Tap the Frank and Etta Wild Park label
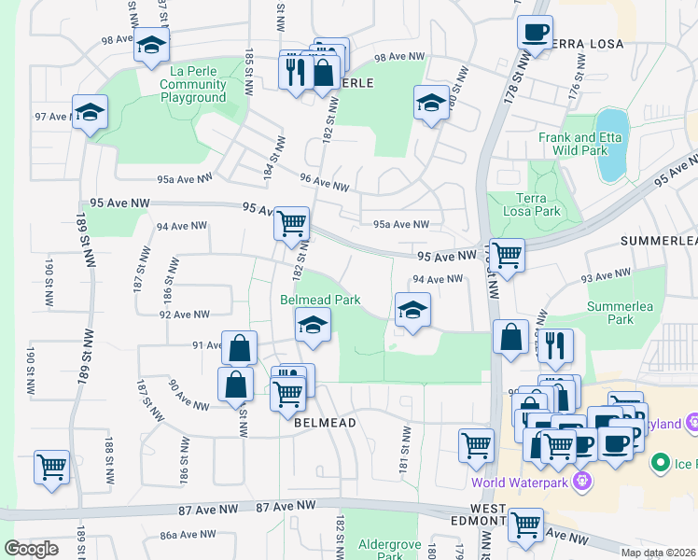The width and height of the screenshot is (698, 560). coord(579,143)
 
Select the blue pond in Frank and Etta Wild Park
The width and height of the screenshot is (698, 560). coord(612,145)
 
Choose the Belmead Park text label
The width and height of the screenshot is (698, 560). coord(320,300)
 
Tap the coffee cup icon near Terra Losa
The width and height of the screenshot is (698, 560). coord(536,34)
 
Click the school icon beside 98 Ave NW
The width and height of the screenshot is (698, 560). coord(150,45)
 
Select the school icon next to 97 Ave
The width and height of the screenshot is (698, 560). coord(90,113)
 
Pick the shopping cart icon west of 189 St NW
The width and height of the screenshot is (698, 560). coord(51,466)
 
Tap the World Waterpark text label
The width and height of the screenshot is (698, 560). coord(522,483)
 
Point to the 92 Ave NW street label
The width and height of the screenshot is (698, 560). coord(183,315)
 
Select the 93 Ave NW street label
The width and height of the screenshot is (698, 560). coord(606,275)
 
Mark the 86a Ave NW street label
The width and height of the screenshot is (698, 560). coord(188,535)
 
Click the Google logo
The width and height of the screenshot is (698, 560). coord(31,549)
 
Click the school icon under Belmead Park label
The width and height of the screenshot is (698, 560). coord(313,326)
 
